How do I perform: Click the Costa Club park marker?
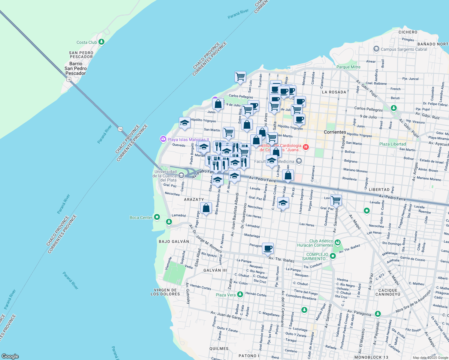[x=101, y=42]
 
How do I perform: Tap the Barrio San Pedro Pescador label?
[x=76, y=68]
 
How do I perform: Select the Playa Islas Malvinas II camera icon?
[x=163, y=139]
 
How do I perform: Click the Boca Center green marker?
[x=157, y=217]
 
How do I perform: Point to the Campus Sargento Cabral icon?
[x=376, y=49]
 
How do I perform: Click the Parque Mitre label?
[x=348, y=67]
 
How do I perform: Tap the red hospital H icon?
[x=306, y=147]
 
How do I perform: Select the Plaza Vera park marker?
[x=240, y=294]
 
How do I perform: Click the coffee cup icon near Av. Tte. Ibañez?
[x=268, y=248]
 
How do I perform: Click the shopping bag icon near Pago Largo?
[x=206, y=208]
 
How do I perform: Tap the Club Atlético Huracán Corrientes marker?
[x=338, y=242]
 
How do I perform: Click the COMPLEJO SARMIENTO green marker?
[x=333, y=256]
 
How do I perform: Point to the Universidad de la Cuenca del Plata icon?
[x=181, y=175]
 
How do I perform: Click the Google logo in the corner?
[x=10, y=356]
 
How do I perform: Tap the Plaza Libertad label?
[x=392, y=144]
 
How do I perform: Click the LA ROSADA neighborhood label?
[x=334, y=92]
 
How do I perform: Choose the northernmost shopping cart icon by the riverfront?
[x=240, y=77]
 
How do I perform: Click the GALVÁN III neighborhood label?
[x=215, y=270]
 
